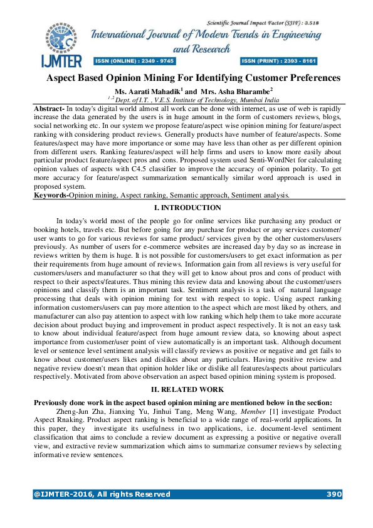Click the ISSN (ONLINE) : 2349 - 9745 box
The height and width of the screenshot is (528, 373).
coord(135,61)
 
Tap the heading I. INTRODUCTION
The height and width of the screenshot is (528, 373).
coord(187,208)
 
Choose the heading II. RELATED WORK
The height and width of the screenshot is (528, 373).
coord(187,389)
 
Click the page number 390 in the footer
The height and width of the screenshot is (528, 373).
coord(334,494)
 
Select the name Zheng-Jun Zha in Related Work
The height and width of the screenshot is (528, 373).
coord(76,411)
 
